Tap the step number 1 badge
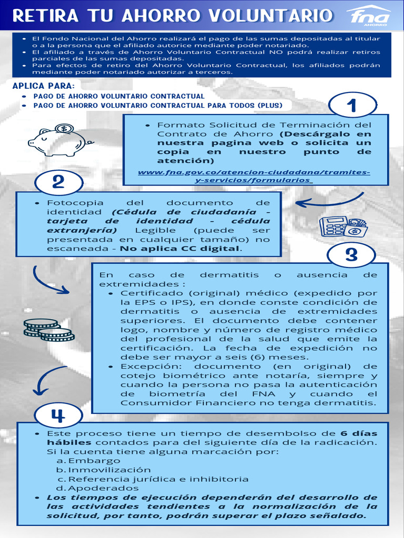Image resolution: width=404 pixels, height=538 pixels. [x=351, y=106]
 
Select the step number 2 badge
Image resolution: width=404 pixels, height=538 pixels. [x=58, y=182]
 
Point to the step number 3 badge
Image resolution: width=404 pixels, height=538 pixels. [x=351, y=255]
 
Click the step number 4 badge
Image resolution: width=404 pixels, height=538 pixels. [x=58, y=416]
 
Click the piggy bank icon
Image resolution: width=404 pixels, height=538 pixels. [x=59, y=140]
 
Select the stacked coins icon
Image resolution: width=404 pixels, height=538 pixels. [x=48, y=329]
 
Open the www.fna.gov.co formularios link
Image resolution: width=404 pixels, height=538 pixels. [x=254, y=176]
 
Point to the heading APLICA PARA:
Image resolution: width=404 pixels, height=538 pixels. [x=44, y=86]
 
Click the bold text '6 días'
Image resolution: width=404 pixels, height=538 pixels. [x=359, y=433]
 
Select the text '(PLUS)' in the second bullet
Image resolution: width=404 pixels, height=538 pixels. [x=269, y=105]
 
